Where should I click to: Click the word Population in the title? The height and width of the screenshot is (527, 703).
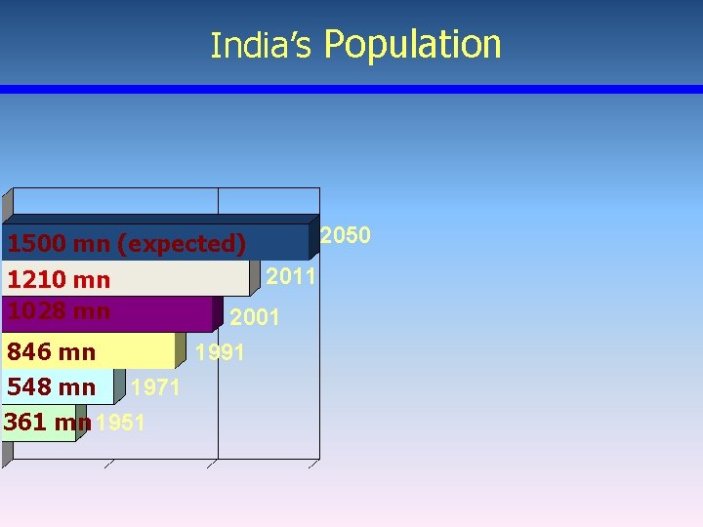pyautogui.click(x=412, y=45)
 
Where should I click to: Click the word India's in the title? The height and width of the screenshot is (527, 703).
pyautogui.click(x=261, y=46)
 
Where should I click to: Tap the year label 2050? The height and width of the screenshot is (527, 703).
pyautogui.click(x=346, y=235)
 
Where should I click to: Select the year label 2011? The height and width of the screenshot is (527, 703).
pyautogui.click(x=292, y=277)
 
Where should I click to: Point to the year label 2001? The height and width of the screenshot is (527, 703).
pyautogui.click(x=255, y=317)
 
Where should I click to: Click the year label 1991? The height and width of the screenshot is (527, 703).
pyautogui.click(x=220, y=352)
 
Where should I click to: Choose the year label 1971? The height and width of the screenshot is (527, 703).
pyautogui.click(x=155, y=388)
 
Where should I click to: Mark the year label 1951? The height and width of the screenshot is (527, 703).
pyautogui.click(x=121, y=424)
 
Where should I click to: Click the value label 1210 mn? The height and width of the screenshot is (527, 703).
pyautogui.click(x=59, y=280)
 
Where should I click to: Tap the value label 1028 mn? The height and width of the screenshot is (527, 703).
pyautogui.click(x=59, y=311)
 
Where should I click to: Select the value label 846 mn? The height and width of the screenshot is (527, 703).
pyautogui.click(x=52, y=351)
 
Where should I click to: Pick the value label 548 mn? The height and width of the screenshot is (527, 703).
pyautogui.click(x=52, y=387)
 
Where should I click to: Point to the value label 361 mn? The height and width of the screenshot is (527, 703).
pyautogui.click(x=47, y=423)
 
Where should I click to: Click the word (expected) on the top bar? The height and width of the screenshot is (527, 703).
pyautogui.click(x=181, y=243)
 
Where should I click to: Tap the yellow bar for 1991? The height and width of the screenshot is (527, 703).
pyautogui.click(x=137, y=350)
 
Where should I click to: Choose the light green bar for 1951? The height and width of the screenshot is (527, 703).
pyautogui.click(x=39, y=435)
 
